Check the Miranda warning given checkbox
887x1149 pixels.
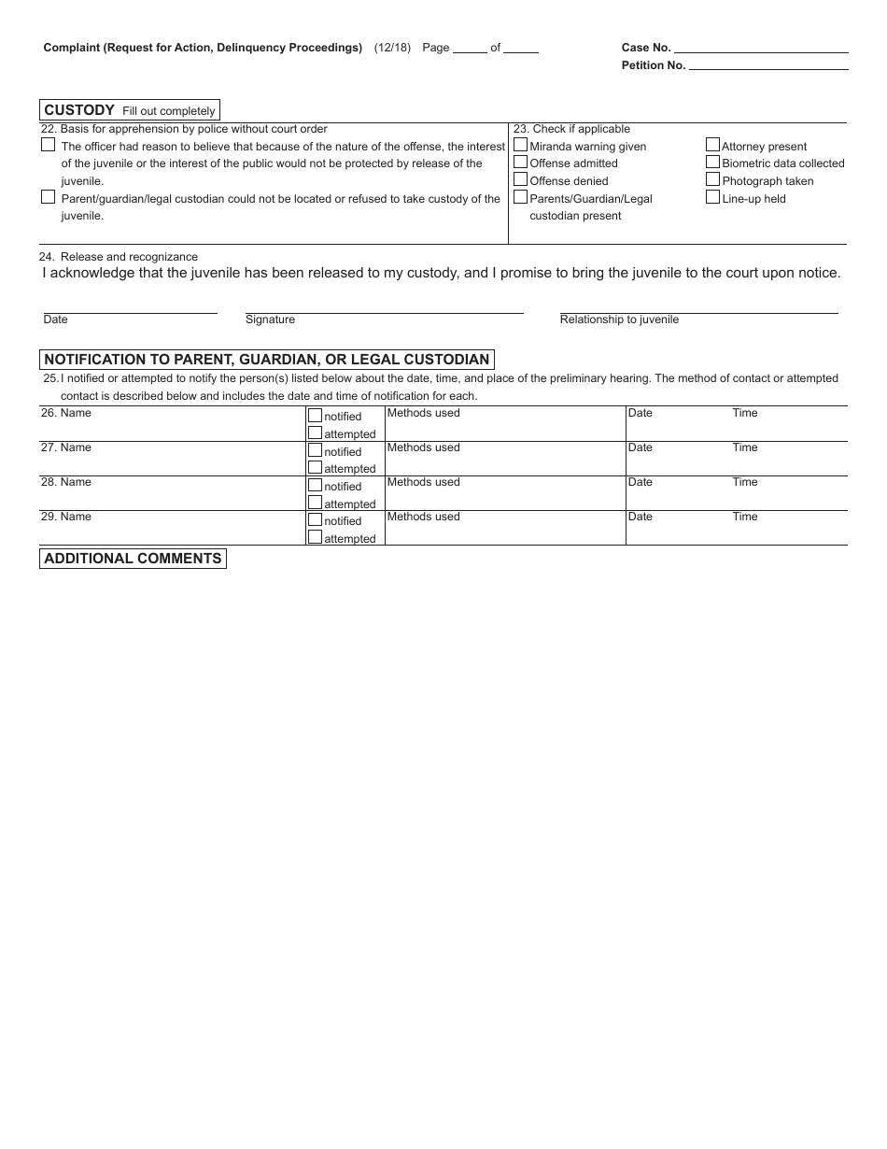520,145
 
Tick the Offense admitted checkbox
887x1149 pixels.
520,162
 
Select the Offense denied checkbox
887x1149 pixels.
520,179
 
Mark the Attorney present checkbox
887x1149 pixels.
712,145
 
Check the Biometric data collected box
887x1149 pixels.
712,162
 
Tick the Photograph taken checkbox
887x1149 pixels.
712,179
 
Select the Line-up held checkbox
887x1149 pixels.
712,197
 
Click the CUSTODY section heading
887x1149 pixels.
79,110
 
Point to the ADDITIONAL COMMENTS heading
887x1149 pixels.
133,559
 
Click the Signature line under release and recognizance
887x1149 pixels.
384,308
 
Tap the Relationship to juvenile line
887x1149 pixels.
698,308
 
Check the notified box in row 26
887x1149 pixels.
315,416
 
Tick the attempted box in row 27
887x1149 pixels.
315,467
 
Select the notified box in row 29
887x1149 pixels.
315,519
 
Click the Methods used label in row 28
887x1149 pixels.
423,482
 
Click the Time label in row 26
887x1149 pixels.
745,413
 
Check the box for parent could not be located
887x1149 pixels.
48,197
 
